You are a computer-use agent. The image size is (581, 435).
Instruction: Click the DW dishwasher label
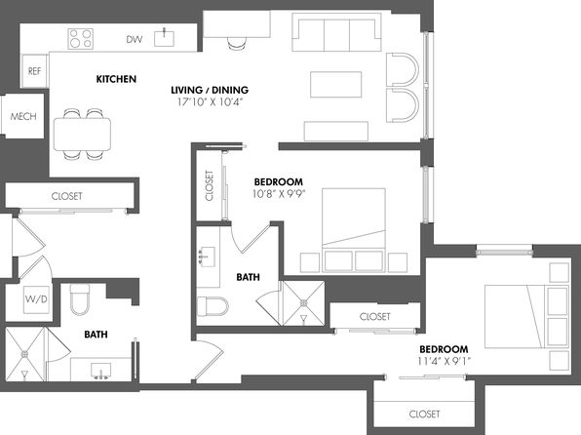click(135, 39)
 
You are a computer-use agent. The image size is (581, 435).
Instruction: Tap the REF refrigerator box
click(34, 71)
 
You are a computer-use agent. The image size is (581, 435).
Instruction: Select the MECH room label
click(23, 116)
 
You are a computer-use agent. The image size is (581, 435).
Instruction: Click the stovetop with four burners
click(80, 39)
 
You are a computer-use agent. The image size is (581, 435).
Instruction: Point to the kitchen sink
click(164, 39)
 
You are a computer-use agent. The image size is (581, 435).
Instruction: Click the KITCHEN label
click(116, 79)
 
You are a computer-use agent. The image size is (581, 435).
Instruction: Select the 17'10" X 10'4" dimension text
click(210, 102)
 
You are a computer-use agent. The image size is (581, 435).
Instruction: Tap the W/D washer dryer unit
click(36, 299)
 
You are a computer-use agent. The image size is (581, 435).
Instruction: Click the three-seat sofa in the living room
click(336, 32)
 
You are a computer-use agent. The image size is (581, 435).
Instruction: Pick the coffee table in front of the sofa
click(335, 85)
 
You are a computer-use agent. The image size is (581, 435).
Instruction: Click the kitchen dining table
click(82, 134)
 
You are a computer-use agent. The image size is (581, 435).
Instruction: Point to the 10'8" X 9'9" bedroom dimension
click(279, 193)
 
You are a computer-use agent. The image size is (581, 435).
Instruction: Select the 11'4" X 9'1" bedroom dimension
click(444, 361)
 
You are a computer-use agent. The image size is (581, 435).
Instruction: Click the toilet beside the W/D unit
click(80, 299)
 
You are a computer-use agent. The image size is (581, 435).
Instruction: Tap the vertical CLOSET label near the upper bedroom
click(210, 185)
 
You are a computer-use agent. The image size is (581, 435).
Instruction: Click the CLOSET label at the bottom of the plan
click(424, 414)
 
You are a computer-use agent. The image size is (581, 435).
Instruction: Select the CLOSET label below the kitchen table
click(66, 196)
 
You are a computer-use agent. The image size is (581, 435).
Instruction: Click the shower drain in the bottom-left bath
click(24, 354)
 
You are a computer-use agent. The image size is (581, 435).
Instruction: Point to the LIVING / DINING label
click(210, 90)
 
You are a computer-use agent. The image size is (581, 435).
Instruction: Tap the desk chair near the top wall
click(237, 43)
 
